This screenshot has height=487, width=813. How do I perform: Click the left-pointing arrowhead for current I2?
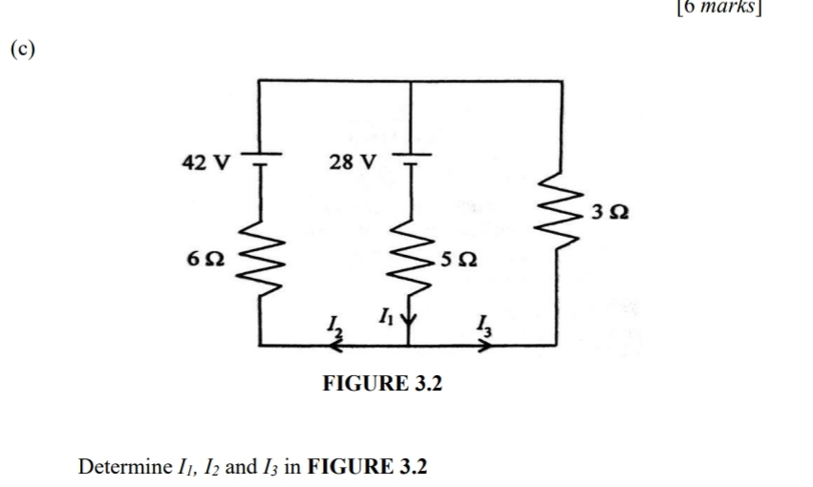332,343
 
